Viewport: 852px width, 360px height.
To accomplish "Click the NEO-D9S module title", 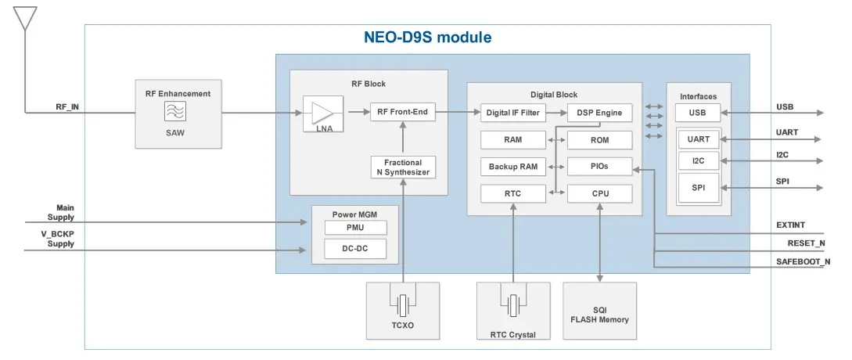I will click(x=427, y=37).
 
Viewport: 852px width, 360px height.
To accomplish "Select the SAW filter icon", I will click(x=174, y=112).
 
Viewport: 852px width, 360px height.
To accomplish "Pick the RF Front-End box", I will click(x=402, y=112).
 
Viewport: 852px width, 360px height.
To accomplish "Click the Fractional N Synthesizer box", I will click(x=402, y=167).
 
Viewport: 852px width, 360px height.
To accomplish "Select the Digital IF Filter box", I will click(x=512, y=113).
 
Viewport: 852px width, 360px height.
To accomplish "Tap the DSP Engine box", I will click(x=599, y=113).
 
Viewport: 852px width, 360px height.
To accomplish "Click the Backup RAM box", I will click(x=512, y=167).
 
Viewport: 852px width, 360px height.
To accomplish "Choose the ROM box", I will click(x=599, y=140).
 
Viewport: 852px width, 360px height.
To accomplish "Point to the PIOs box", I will click(x=599, y=167).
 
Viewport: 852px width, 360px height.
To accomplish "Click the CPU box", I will click(x=599, y=193).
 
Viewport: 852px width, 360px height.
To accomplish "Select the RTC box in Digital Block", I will click(x=512, y=193).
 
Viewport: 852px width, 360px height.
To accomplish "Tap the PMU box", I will click(x=355, y=228).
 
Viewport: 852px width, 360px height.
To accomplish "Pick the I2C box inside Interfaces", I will click(x=697, y=161).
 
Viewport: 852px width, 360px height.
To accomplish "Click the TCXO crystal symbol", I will click(x=403, y=304).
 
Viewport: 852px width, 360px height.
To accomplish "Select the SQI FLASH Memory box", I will click(x=599, y=315).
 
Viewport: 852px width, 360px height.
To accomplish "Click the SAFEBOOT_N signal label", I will click(x=803, y=261).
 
